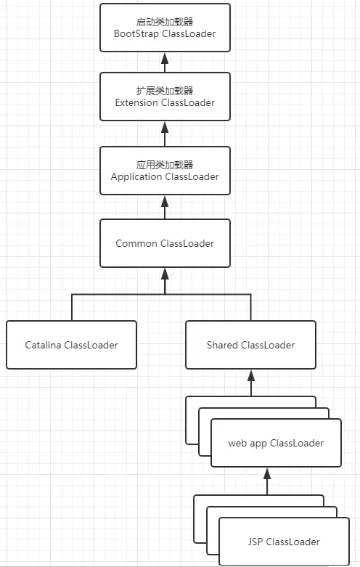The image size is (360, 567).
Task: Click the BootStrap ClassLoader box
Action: pos(165,28)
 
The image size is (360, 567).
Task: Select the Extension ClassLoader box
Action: pos(165,97)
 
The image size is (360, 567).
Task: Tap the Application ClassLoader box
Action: pos(165,171)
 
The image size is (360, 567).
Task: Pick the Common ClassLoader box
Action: pos(165,243)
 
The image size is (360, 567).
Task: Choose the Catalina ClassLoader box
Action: pos(71,345)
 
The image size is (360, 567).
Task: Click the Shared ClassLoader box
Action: pos(250,345)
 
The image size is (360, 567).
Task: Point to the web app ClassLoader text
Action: pos(276,443)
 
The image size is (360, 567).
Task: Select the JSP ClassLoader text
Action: pos(283,542)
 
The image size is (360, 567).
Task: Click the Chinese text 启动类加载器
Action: pos(165,21)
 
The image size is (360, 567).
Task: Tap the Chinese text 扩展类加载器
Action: pos(165,90)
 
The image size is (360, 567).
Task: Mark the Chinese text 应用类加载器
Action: pos(165,164)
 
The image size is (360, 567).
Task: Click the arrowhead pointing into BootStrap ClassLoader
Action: pos(165,57)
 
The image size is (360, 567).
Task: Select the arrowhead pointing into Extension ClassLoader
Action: pos(165,127)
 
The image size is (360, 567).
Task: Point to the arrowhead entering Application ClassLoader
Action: pos(165,201)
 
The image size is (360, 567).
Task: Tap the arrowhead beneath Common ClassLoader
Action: pos(165,274)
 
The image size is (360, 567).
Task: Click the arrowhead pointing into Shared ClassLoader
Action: pos(251,375)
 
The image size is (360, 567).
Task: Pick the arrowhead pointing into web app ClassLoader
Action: pos(266,473)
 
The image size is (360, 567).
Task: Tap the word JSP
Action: pos(256,542)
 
